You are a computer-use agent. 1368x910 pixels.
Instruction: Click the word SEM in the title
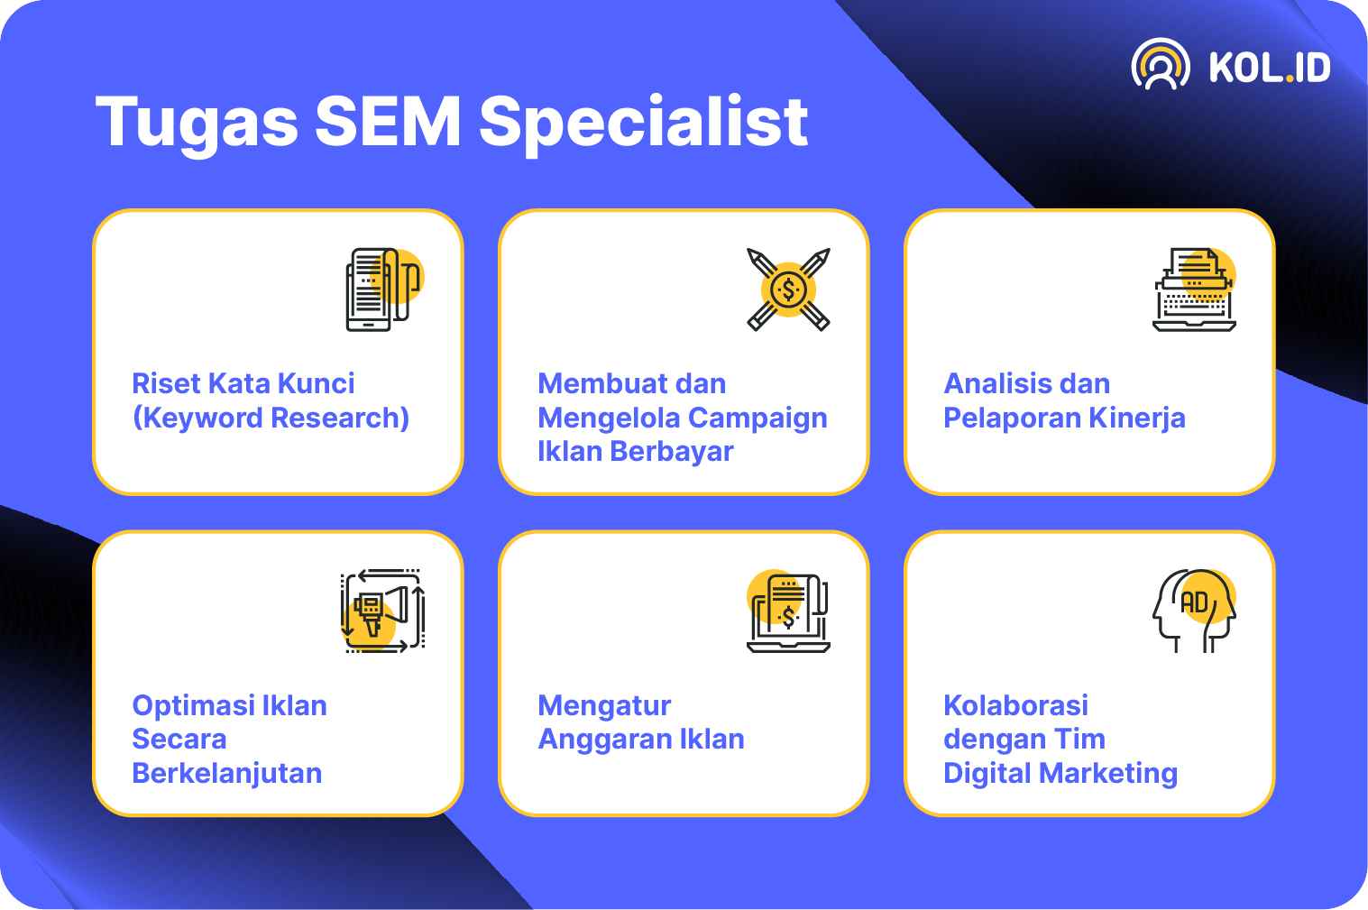pyautogui.click(x=388, y=122)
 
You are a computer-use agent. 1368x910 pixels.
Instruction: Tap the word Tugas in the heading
pyautogui.click(x=197, y=125)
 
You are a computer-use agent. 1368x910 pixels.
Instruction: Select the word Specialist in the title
pyautogui.click(x=644, y=125)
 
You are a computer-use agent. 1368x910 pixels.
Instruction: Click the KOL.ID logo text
pyautogui.click(x=1270, y=67)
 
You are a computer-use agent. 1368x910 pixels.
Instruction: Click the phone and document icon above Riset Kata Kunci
pyautogui.click(x=384, y=290)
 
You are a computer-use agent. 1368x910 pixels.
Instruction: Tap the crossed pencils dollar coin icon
pyautogui.click(x=788, y=290)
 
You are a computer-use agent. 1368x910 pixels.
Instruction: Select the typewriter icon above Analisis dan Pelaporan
pyautogui.click(x=1195, y=290)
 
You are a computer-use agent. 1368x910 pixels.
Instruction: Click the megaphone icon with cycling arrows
pyautogui.click(x=383, y=611)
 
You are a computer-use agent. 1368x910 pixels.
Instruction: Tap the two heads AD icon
pyautogui.click(x=1195, y=611)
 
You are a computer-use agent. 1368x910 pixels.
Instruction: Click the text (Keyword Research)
pyautogui.click(x=271, y=418)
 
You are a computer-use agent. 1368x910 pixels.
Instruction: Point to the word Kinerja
pyautogui.click(x=1137, y=419)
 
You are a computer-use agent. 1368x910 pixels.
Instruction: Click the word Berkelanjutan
pyautogui.click(x=227, y=774)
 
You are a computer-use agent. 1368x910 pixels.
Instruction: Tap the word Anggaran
pyautogui.click(x=604, y=740)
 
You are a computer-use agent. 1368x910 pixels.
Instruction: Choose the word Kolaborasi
pyautogui.click(x=1016, y=705)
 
